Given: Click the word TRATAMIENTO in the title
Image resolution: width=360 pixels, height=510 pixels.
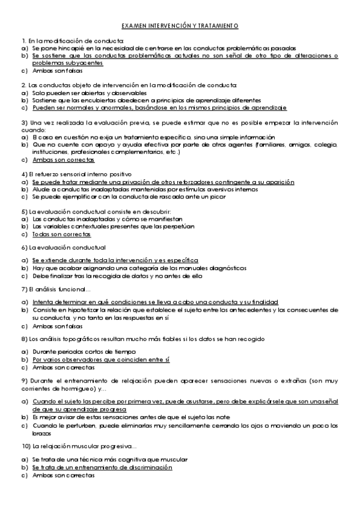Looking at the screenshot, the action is click(x=218, y=26).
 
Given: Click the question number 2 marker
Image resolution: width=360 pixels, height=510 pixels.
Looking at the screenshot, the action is click(x=23, y=86).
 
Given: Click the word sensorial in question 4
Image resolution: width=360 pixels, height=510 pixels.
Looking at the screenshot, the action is click(x=64, y=174).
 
